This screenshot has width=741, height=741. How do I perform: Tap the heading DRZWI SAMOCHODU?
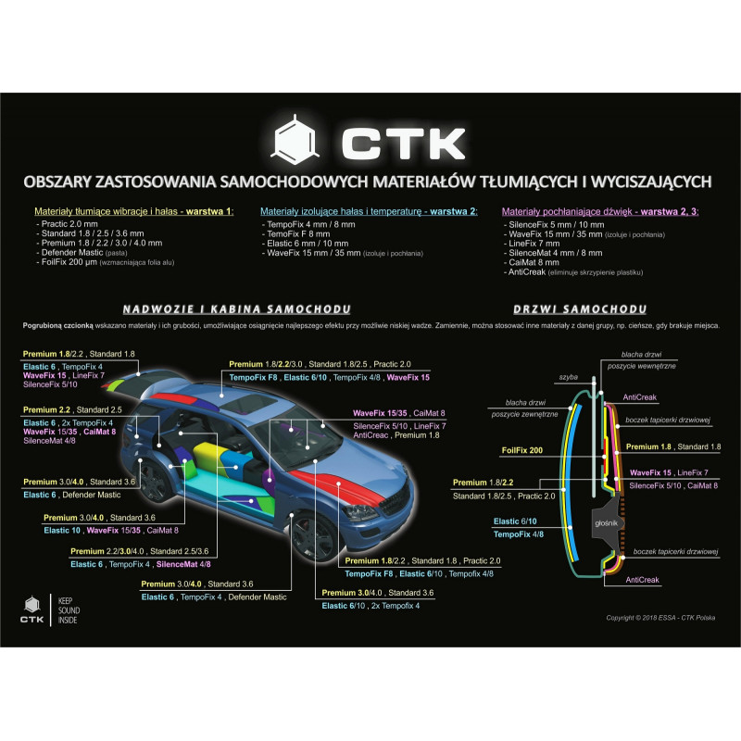click(x=578, y=309)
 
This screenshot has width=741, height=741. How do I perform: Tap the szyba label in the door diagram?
click(x=568, y=377)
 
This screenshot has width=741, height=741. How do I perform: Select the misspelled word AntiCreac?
click(x=372, y=435)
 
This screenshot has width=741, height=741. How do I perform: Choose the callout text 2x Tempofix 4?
click(x=395, y=606)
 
